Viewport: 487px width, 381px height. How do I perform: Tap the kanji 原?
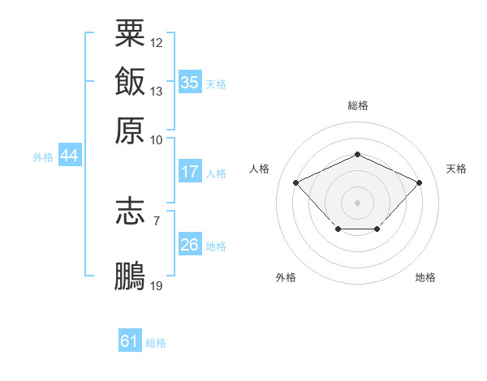point(130,130)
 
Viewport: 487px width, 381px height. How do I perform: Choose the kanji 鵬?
point(130,275)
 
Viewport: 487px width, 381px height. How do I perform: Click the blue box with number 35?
point(189,82)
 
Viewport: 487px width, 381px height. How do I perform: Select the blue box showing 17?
point(189,172)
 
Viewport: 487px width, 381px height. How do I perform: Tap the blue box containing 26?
point(189,245)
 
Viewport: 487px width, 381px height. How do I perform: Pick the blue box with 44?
point(69,156)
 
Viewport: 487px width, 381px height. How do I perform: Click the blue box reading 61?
point(130,341)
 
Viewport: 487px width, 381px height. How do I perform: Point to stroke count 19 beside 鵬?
point(157,285)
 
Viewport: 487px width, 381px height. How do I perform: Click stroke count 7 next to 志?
point(157,220)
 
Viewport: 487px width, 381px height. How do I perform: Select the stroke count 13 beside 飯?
point(157,91)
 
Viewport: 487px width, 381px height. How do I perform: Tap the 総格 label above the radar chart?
point(358,105)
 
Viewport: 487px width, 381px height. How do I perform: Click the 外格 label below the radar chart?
point(286,277)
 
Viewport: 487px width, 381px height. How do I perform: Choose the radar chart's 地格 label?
point(425,277)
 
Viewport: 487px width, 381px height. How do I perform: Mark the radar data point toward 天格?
point(419,182)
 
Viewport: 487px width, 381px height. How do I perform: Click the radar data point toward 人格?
point(296,182)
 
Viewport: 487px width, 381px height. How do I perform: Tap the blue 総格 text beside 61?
point(156,343)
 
